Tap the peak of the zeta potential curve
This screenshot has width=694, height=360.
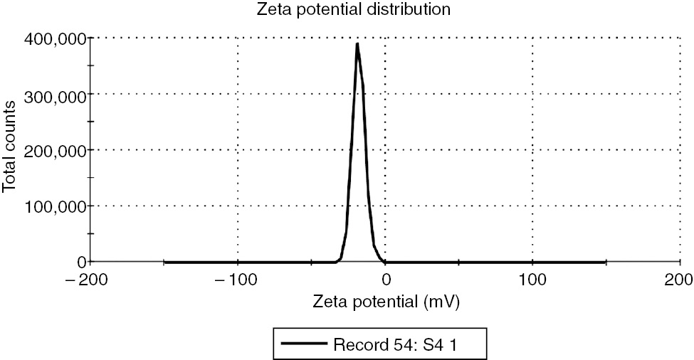click(x=357, y=44)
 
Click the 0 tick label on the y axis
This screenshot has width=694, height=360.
click(x=82, y=262)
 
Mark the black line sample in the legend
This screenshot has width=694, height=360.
click(x=304, y=343)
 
